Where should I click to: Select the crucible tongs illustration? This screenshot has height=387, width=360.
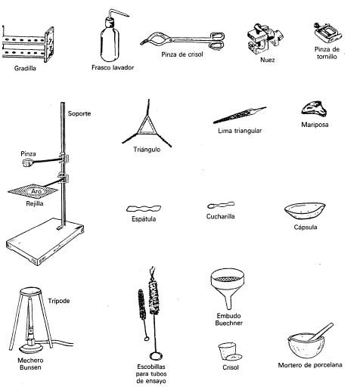(182, 38)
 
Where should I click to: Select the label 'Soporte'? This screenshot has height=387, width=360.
(79, 113)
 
